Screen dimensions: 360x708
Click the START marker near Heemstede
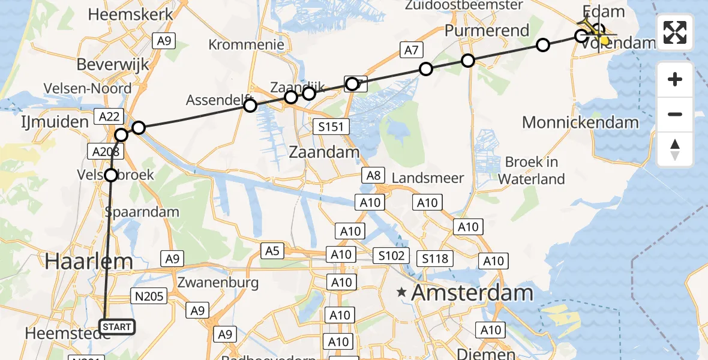coord(117,327)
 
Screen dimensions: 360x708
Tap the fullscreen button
coord(675,32)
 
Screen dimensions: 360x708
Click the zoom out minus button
coord(675,114)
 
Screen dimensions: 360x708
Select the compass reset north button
coord(675,149)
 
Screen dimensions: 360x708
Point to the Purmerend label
coord(487,31)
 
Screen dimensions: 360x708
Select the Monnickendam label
coord(580,123)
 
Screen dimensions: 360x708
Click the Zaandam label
coord(324,152)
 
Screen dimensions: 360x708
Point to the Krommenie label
coord(246,44)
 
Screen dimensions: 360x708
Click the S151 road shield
coord(331,126)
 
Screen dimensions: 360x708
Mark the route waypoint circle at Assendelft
coord(250,106)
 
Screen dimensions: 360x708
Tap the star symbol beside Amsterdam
coord(401,293)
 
